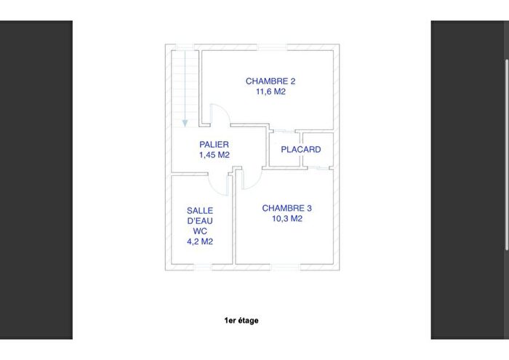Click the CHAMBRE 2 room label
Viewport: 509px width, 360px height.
click(270, 81)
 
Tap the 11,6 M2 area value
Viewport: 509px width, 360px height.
click(270, 92)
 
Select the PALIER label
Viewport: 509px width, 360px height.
click(215, 145)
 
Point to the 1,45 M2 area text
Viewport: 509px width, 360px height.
click(215, 155)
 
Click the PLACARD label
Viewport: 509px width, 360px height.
click(301, 150)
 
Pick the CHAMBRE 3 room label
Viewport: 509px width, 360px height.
click(286, 207)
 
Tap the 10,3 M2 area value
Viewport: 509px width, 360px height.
click(286, 218)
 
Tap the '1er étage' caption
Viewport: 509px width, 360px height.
click(241, 320)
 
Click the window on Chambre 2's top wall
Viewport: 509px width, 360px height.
click(269, 48)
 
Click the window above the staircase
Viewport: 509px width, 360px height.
click(185, 48)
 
